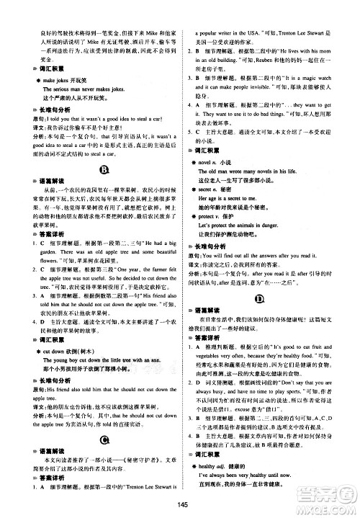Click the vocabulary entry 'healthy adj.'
[220, 468]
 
